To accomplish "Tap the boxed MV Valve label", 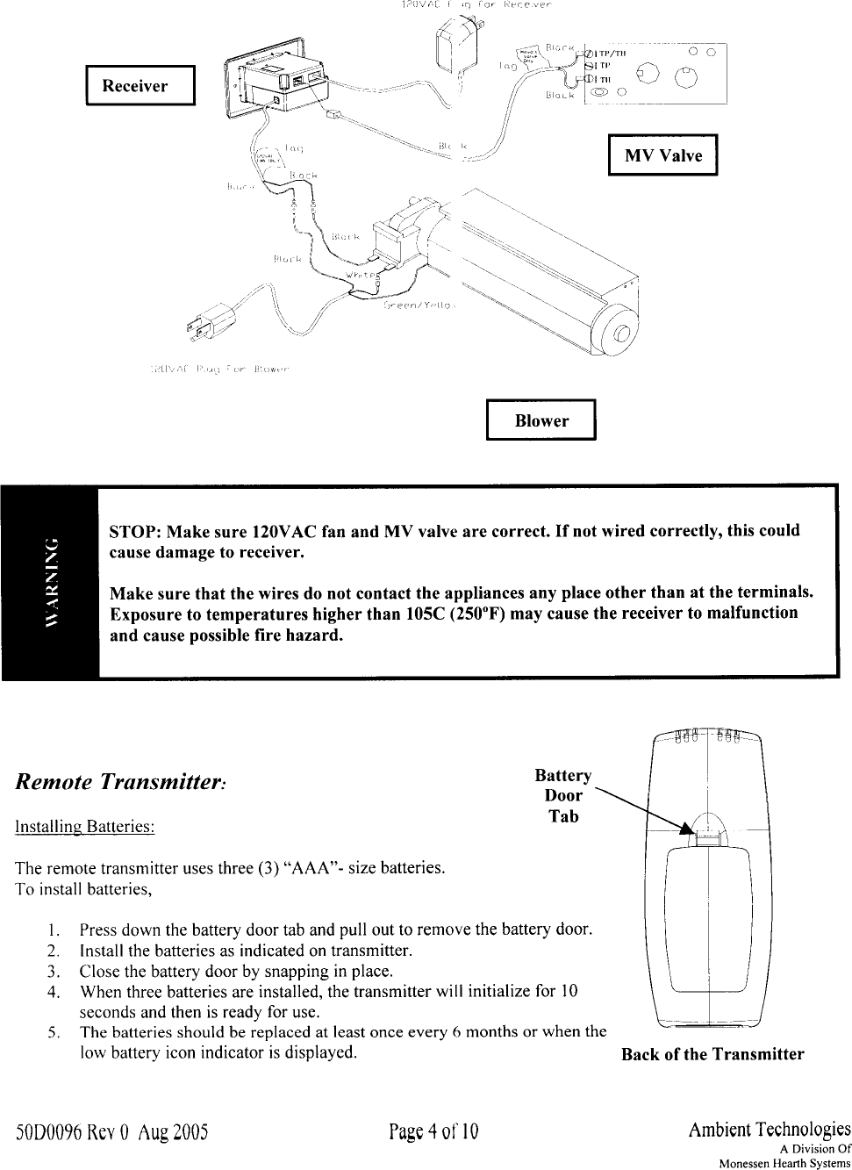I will click(x=662, y=156).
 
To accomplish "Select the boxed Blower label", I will click(x=541, y=420).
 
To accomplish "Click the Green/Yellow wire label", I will click(x=419, y=307).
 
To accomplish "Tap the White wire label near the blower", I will click(x=361, y=276).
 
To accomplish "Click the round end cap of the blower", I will click(x=620, y=334).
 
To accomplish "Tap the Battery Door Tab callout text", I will click(x=563, y=796).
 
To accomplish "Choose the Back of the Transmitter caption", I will click(x=712, y=1054).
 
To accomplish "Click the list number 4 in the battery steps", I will click(x=54, y=992).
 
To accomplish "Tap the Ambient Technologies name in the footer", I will click(x=770, y=1129).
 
